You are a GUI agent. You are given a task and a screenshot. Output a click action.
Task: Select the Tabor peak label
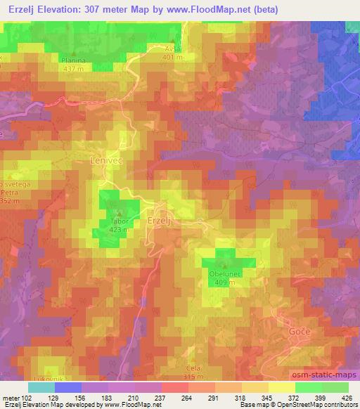tap(118, 220)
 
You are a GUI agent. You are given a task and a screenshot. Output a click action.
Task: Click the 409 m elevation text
tap(224, 283)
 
